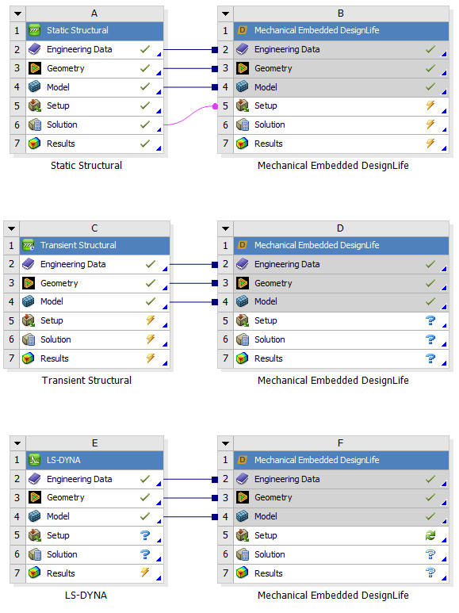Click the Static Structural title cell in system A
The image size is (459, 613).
coord(94,30)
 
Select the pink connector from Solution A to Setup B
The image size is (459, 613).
coord(190,115)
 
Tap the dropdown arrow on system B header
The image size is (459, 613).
coord(226,13)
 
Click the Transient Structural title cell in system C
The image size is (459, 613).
coord(94,245)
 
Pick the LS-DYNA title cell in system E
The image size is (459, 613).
coord(94,460)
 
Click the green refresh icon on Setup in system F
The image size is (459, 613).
coord(430,535)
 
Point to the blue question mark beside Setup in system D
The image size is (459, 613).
coord(430,320)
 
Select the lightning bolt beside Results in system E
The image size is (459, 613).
coord(145,573)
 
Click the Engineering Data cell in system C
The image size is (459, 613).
coord(94,264)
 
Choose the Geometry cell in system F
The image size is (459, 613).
coord(341,498)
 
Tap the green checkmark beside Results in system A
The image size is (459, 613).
coord(145,144)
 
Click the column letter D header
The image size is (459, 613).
coord(341,228)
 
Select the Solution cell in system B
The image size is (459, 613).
coord(341,125)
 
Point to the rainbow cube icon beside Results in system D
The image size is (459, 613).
coord(242,358)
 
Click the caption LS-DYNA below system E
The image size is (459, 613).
coord(86,596)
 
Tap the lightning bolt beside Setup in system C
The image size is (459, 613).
coord(151,320)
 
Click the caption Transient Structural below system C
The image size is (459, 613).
coord(86,381)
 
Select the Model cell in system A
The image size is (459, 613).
coord(94,86)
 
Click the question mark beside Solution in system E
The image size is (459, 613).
coord(145,554)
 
